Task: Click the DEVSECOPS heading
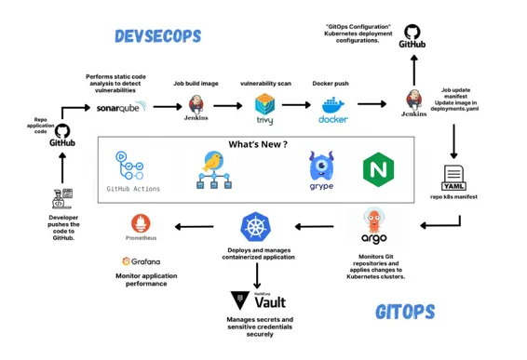[157, 37]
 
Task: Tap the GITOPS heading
[406, 312]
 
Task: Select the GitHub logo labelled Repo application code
[61, 134]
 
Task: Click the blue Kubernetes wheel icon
[255, 226]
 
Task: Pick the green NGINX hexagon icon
[378, 169]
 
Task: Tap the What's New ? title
[258, 145]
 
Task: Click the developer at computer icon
[62, 198]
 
